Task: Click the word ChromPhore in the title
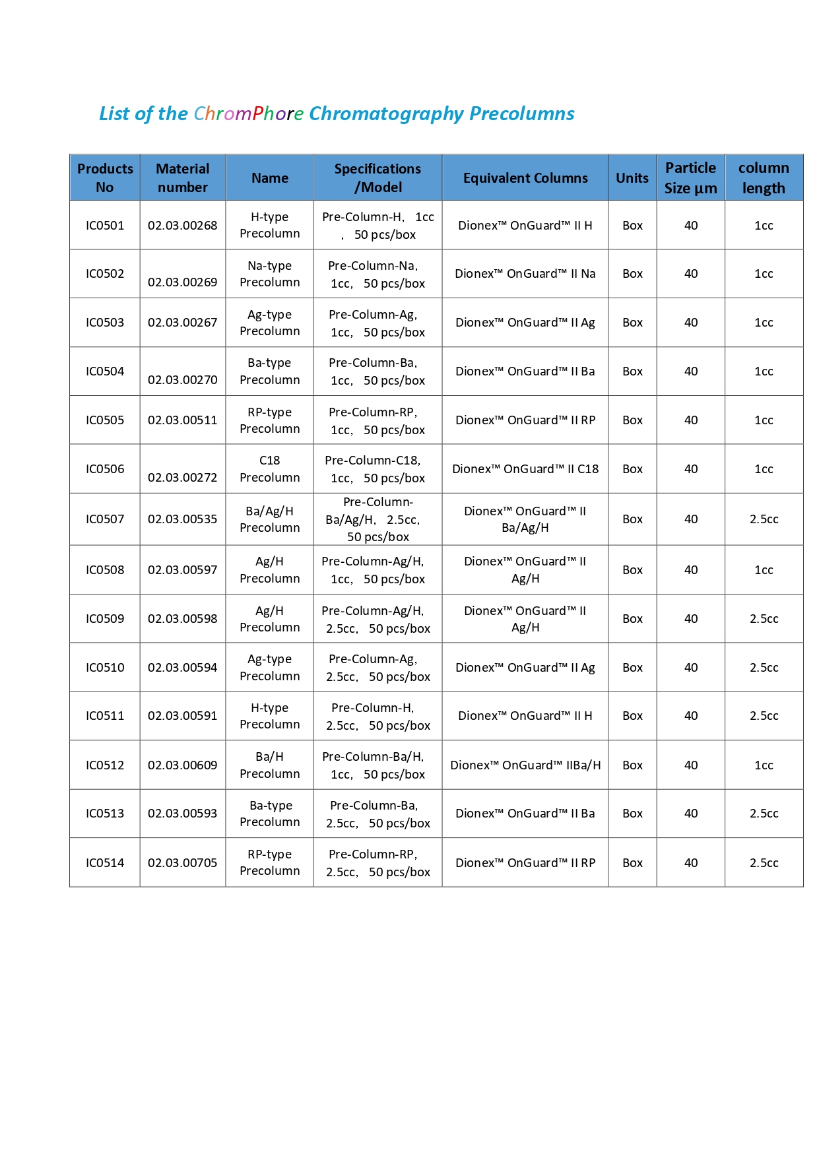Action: point(248,114)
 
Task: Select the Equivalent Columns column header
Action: point(525,178)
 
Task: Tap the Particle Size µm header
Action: point(690,178)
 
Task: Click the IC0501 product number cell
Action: point(105,226)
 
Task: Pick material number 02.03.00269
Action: point(182,282)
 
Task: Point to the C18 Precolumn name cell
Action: point(269,469)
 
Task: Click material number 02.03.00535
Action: point(182,519)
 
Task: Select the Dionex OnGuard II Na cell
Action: point(525,274)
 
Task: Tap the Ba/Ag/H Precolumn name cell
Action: point(269,519)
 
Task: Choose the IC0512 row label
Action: point(105,765)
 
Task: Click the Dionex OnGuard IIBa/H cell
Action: point(525,765)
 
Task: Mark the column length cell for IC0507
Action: point(764,519)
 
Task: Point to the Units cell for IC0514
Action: point(632,863)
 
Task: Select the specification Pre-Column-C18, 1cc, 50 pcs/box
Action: point(377,469)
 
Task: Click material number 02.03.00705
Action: point(182,863)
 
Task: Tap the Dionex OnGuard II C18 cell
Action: point(525,469)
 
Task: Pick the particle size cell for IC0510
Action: point(690,668)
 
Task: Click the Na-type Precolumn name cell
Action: point(269,274)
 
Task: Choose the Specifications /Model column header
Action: point(377,178)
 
